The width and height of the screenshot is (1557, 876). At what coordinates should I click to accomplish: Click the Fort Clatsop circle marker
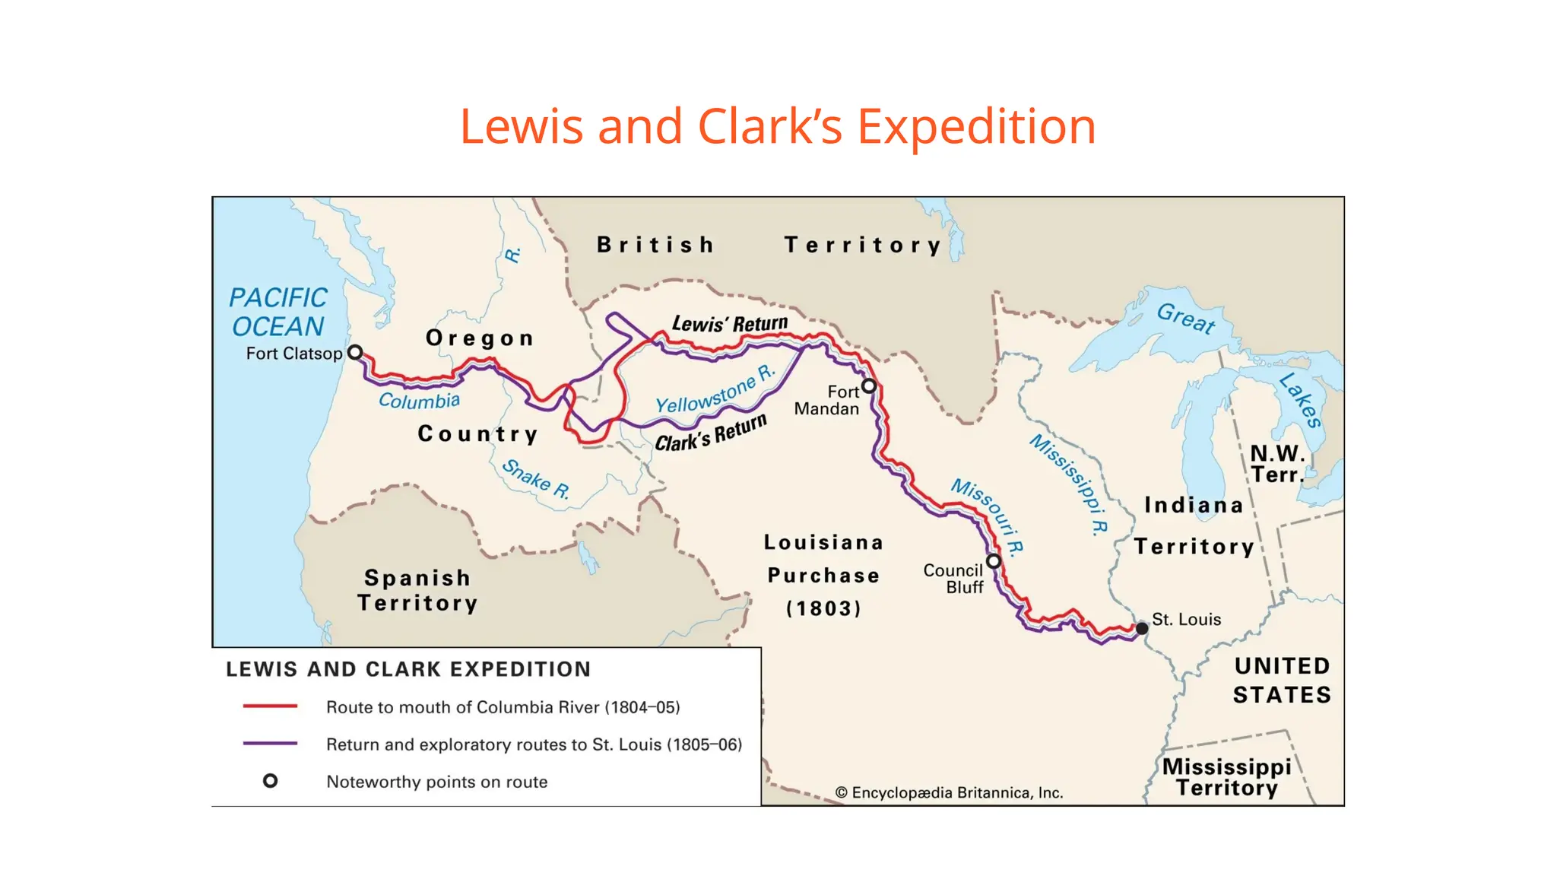(355, 352)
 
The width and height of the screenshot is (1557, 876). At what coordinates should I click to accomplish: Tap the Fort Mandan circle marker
(869, 386)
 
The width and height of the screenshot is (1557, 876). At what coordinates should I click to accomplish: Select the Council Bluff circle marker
(994, 561)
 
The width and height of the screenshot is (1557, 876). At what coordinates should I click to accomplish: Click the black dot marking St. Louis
(1142, 628)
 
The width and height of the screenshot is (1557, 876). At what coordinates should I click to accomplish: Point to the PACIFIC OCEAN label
(278, 312)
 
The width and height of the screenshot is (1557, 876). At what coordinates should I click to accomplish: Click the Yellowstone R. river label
(715, 389)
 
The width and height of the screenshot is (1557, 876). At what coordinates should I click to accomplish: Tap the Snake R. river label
(536, 479)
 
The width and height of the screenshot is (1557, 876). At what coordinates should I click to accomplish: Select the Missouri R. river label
(988, 515)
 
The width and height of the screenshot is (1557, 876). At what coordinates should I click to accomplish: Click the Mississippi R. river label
(1069, 484)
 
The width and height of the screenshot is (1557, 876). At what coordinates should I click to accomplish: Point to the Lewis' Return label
(730, 324)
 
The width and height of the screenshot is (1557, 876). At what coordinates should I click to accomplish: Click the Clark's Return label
(711, 433)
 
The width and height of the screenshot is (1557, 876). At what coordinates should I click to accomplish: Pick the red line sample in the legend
(270, 706)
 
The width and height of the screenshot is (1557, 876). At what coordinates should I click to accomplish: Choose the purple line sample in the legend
(270, 744)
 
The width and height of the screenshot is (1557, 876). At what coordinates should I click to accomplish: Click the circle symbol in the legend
(270, 781)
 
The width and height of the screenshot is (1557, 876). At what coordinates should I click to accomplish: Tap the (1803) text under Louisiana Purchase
(823, 608)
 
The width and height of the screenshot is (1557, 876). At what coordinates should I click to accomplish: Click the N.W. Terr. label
(1277, 464)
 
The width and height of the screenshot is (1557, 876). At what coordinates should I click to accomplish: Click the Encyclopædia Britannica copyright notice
(949, 792)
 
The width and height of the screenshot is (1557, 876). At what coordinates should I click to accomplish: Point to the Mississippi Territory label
(1226, 776)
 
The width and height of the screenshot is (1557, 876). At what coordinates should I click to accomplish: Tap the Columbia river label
(420, 400)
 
